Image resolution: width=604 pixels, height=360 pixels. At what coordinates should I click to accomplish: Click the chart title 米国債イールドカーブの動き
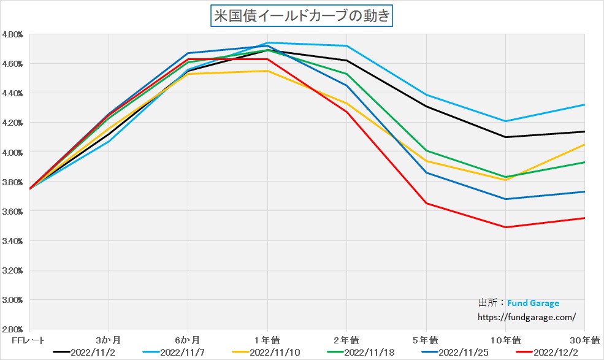(302, 16)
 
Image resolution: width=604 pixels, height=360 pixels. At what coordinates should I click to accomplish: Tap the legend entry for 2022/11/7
(178, 353)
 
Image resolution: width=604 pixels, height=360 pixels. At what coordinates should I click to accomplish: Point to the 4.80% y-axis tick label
(12, 34)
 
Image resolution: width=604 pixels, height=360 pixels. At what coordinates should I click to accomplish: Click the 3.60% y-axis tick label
(12, 212)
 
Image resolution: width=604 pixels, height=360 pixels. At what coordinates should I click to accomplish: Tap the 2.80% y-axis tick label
(12, 329)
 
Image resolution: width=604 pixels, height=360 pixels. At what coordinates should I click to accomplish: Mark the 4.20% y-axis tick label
(12, 123)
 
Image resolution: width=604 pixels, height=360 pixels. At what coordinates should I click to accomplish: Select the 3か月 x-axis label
(109, 339)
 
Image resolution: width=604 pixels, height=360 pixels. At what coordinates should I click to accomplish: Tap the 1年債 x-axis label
(267, 339)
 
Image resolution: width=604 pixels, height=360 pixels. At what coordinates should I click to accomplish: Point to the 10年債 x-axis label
(505, 339)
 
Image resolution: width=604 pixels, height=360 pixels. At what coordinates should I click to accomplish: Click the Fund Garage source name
(533, 303)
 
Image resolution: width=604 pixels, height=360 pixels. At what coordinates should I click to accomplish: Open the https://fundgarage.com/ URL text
(527, 317)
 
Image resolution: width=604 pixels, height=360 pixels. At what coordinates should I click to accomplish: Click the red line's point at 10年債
(505, 227)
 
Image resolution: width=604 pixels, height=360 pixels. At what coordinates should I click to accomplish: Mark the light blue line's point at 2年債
(346, 46)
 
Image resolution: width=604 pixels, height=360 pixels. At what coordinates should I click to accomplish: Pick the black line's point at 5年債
(426, 107)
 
